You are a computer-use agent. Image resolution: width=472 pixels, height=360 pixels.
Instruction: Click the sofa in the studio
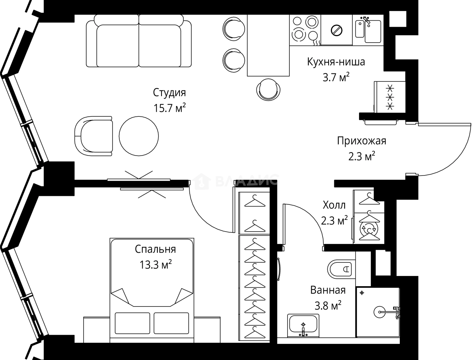[138, 41]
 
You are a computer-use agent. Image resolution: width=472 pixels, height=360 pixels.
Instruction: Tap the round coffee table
[139, 136]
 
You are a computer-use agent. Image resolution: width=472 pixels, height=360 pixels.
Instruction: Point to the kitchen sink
[368, 29]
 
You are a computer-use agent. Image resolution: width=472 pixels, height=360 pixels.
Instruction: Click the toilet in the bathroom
[341, 269]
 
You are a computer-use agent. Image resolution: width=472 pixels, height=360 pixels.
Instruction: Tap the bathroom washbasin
[303, 325]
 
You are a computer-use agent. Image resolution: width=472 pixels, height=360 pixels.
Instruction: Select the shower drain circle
[379, 311]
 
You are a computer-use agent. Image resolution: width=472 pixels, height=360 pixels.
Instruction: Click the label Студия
[169, 93]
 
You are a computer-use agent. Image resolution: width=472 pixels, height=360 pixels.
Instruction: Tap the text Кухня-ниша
[336, 62]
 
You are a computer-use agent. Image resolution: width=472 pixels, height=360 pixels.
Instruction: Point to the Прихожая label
[361, 141]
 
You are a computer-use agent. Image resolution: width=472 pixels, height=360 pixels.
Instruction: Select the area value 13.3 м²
[155, 265]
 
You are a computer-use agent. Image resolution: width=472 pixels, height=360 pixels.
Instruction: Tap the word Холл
[334, 205]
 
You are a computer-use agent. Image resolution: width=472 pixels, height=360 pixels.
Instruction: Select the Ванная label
[328, 290]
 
